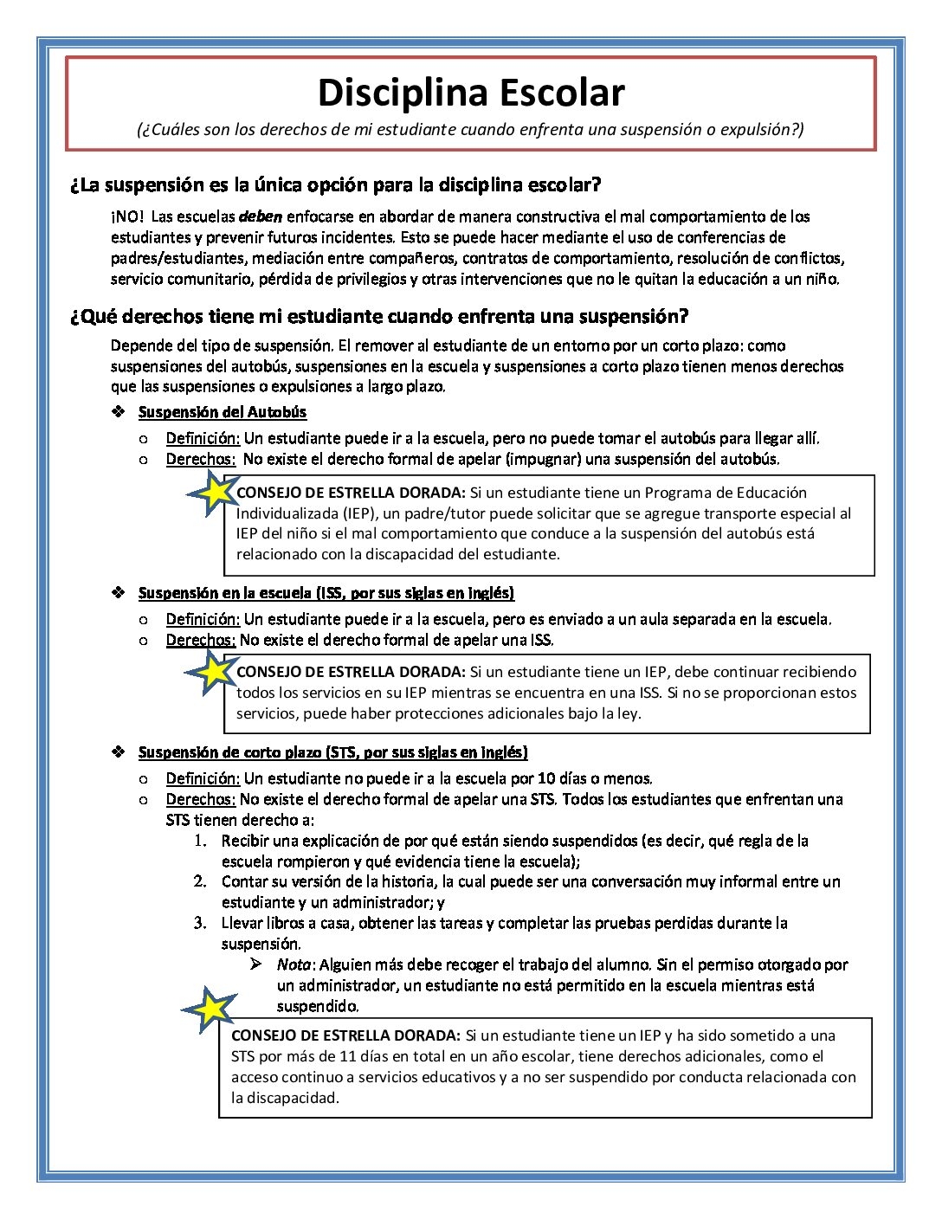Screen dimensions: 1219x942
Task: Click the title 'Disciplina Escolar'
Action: [471, 93]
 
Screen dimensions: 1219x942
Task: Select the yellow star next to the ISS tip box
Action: [210, 672]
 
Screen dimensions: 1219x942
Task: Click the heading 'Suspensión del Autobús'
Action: [223, 412]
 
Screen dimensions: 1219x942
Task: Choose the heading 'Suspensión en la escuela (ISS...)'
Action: [326, 593]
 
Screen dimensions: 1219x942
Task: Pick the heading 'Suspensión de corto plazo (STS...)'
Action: [333, 752]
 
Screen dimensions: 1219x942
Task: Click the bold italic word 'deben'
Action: [261, 216]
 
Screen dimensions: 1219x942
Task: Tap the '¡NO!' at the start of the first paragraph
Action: [127, 216]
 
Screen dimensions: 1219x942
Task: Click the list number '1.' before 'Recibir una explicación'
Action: [200, 841]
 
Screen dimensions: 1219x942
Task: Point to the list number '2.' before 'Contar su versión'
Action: [200, 881]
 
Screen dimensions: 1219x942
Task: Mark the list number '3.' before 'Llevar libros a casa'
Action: [200, 923]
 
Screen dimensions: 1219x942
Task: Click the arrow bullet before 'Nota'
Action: [256, 964]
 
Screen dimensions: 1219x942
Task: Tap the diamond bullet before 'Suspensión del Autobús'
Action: [119, 412]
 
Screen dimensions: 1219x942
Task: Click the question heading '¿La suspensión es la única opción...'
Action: [335, 185]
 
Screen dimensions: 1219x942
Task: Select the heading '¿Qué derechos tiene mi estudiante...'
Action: [379, 316]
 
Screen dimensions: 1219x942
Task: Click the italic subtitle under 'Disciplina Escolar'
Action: [470, 130]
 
